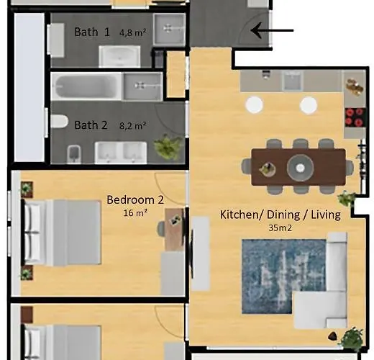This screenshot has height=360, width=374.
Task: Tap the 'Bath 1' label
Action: coord(92,32)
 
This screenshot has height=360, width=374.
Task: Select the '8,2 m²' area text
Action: coord(133,125)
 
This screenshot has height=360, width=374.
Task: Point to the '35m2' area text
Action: coord(280,228)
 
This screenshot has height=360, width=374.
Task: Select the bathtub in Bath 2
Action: coord(85,86)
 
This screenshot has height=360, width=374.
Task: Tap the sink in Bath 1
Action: coord(119,55)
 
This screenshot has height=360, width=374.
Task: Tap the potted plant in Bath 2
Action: coord(167,147)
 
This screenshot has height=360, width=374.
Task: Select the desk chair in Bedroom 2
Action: coord(163,228)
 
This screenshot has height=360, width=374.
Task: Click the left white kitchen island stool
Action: coord(254,105)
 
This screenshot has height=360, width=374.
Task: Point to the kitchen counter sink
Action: coord(291,81)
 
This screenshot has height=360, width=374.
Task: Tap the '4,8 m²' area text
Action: coord(132,32)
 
